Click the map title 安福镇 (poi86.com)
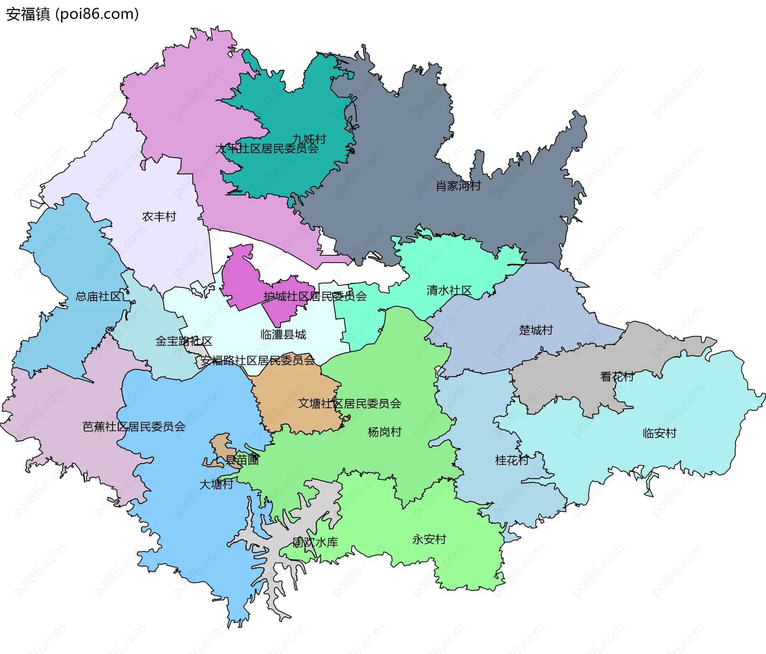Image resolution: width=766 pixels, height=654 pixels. coord(73,14)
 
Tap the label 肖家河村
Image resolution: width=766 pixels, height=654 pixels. coord(458,186)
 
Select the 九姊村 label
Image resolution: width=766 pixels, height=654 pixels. coord(309,139)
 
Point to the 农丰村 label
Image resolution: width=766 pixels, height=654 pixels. coord(159,217)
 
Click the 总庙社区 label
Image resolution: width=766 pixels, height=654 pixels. coord(98,296)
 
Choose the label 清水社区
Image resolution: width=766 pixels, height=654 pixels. coord(449,290)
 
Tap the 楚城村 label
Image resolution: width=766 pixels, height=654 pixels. coord(536,330)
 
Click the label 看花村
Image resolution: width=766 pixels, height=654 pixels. coord(617,377)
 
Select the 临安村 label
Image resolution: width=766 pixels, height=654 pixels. coord(659,433)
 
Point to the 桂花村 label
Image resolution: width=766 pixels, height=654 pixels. coord(512,460)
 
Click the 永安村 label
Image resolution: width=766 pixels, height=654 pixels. coord(429,539)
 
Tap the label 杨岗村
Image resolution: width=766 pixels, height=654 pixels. coord(385,432)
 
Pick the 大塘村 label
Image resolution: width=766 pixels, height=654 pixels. coord(216,484)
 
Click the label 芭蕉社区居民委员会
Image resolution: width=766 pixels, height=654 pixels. coord(134,427)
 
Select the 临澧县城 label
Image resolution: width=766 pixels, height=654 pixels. coord(283,334)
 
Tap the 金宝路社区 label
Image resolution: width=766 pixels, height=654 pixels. coord(184,341)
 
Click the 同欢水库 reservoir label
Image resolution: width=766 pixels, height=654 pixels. coord(315,542)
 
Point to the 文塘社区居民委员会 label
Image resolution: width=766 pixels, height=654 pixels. coord(349,404)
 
